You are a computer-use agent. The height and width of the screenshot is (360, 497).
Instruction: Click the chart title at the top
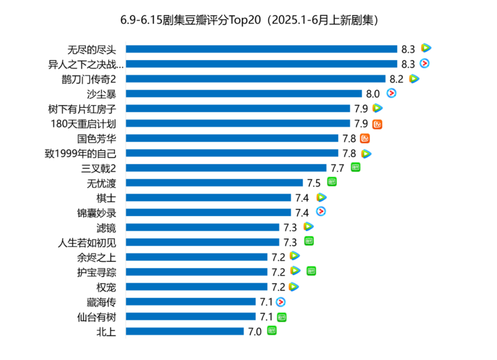[248, 20]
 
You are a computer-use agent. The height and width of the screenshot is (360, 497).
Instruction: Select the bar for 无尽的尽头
[262, 48]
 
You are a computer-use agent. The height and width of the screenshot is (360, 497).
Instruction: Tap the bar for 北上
[185, 331]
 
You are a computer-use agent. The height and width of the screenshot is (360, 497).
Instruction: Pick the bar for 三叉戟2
[226, 168]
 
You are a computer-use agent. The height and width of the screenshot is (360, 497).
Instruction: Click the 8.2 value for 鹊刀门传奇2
[396, 79]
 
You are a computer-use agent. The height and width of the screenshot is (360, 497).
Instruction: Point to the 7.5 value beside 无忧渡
[314, 182]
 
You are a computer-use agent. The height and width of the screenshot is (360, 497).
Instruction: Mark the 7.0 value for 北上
[255, 331]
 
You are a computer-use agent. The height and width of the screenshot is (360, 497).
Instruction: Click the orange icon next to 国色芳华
[365, 138]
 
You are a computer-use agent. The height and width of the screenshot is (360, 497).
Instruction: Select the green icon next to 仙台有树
[282, 317]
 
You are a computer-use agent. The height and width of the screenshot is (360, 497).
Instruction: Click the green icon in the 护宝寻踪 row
[311, 271]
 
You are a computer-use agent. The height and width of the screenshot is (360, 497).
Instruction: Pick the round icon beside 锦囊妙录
[321, 212]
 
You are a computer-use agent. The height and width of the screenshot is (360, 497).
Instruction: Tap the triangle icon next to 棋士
[321, 197]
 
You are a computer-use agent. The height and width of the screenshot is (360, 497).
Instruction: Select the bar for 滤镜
[203, 227]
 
